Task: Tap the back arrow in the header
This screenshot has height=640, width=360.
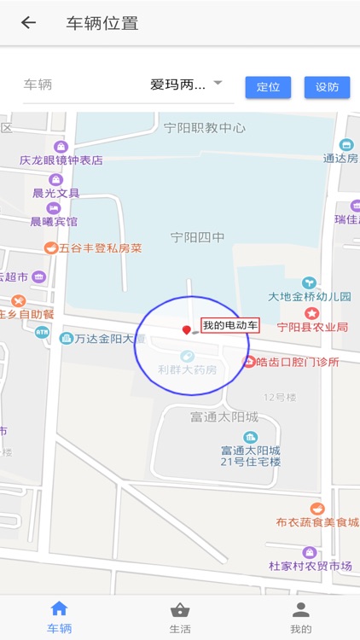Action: pos(29,23)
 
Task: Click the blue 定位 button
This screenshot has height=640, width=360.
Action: pos(268,87)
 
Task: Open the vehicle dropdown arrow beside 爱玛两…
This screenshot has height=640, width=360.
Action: pos(218,83)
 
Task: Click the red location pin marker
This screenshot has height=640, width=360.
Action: pos(186,330)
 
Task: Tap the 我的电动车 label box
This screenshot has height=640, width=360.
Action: pos(229,325)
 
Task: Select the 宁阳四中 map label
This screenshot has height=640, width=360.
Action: pos(198,237)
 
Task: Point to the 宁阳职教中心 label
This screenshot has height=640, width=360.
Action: pos(205,128)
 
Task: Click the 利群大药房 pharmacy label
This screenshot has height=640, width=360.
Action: pos(188,370)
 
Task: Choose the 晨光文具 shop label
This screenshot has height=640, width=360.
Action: pos(55,193)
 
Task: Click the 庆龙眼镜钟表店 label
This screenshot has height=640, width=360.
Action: pos(61,160)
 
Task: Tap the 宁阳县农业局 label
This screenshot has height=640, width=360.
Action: pos(312,327)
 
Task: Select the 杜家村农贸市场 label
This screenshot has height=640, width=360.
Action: pos(311,566)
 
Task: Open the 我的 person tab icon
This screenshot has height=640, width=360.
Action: pos(300,610)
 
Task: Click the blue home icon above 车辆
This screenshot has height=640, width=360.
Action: pos(59,608)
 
